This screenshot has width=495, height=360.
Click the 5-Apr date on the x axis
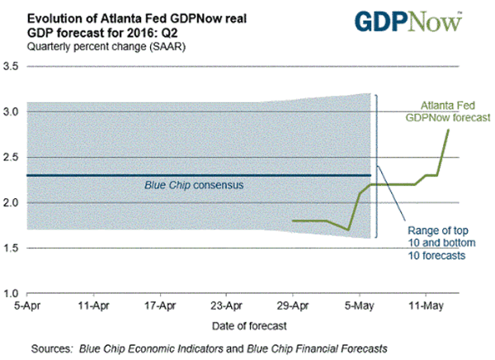[x=27, y=305]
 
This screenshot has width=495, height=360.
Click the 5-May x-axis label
[x=361, y=305]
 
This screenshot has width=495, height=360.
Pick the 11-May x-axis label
[x=427, y=305]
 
